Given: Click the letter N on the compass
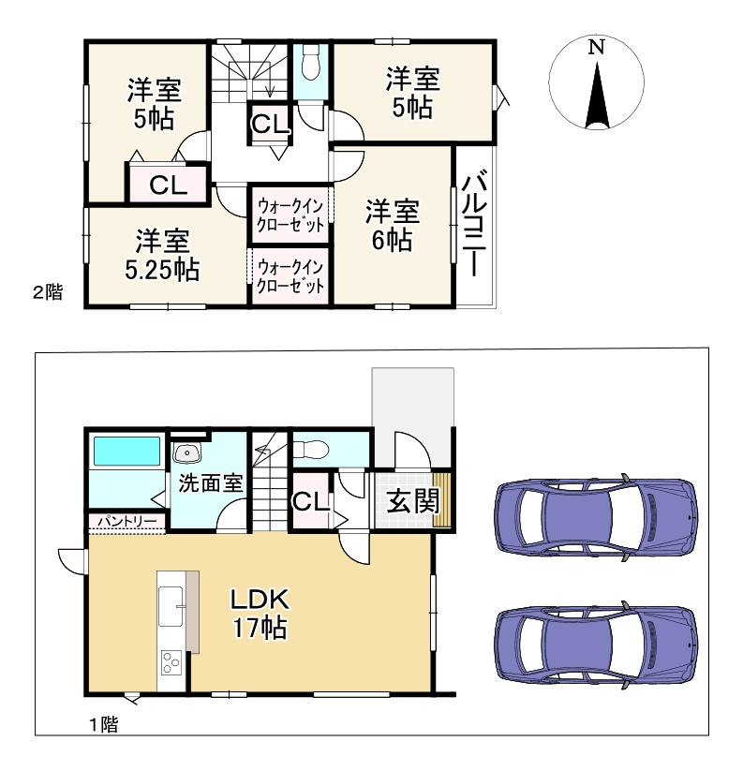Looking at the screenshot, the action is point(597,47).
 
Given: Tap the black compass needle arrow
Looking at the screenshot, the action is point(597,96).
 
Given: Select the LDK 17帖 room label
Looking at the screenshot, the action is point(260,614).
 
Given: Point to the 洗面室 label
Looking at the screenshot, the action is point(211,483).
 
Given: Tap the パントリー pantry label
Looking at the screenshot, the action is point(126,521).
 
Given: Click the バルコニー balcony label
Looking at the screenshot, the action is point(474,223).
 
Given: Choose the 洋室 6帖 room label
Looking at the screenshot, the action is point(392,226).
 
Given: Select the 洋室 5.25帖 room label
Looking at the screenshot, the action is point(162,255).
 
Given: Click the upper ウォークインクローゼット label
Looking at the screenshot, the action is point(290,215).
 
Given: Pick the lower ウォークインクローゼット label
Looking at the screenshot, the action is point(290,276).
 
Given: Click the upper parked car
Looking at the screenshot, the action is point(596,517).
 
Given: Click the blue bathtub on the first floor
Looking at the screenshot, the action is point(126,451).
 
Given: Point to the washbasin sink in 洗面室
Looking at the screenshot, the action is point(186,452).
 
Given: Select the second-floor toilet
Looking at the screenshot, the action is point(310,62).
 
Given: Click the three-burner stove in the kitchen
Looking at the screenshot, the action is point(171,661).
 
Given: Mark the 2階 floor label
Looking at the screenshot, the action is point(48,292).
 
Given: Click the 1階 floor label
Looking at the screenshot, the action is point(104,724).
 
